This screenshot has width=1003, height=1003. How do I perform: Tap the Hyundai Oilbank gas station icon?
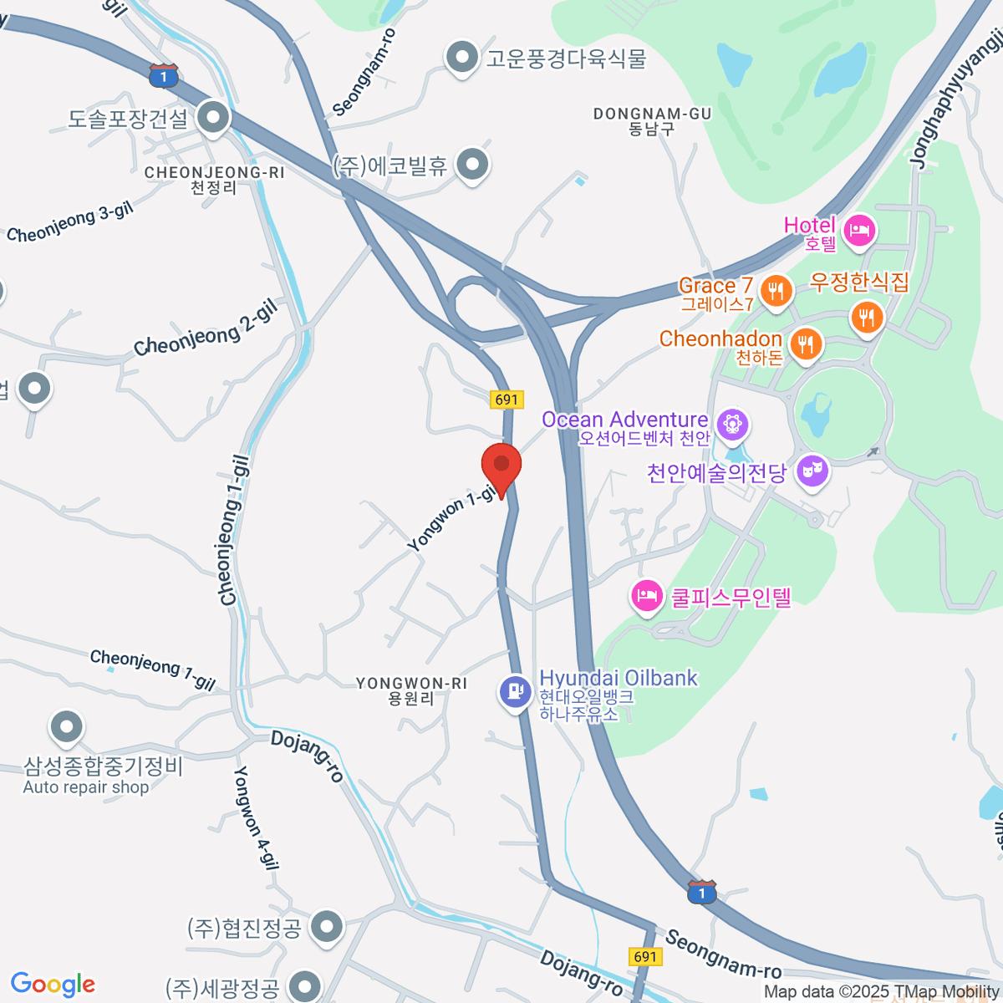pyautogui.click(x=516, y=692)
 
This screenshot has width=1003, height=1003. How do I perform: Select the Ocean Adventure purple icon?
pyautogui.click(x=733, y=425)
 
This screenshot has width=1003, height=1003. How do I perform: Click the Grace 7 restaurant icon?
pyautogui.click(x=777, y=292)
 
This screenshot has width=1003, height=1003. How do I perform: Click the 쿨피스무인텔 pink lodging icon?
pyautogui.click(x=646, y=597)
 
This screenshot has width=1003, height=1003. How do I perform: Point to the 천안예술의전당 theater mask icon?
pyautogui.click(x=812, y=471)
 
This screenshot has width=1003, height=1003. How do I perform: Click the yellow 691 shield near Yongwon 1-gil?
pyautogui.click(x=507, y=400)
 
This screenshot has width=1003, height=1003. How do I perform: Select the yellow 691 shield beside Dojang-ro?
pyautogui.click(x=645, y=956)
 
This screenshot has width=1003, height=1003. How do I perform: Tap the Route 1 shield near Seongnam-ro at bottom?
pyautogui.click(x=702, y=892)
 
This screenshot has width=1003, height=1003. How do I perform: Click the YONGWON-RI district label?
pyautogui.click(x=411, y=690)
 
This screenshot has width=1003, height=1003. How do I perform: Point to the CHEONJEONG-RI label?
pyautogui.click(x=215, y=180)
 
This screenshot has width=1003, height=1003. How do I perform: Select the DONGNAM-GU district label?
pyautogui.click(x=652, y=121)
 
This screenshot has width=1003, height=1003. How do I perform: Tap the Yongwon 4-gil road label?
pyautogui.click(x=256, y=817)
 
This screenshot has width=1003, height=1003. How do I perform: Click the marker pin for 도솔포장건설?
pyautogui.click(x=213, y=118)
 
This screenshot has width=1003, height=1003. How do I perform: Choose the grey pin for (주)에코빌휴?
pyautogui.click(x=473, y=165)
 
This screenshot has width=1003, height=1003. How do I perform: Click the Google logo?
pyautogui.click(x=53, y=985)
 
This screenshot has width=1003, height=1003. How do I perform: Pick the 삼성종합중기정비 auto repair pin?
pyautogui.click(x=66, y=728)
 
